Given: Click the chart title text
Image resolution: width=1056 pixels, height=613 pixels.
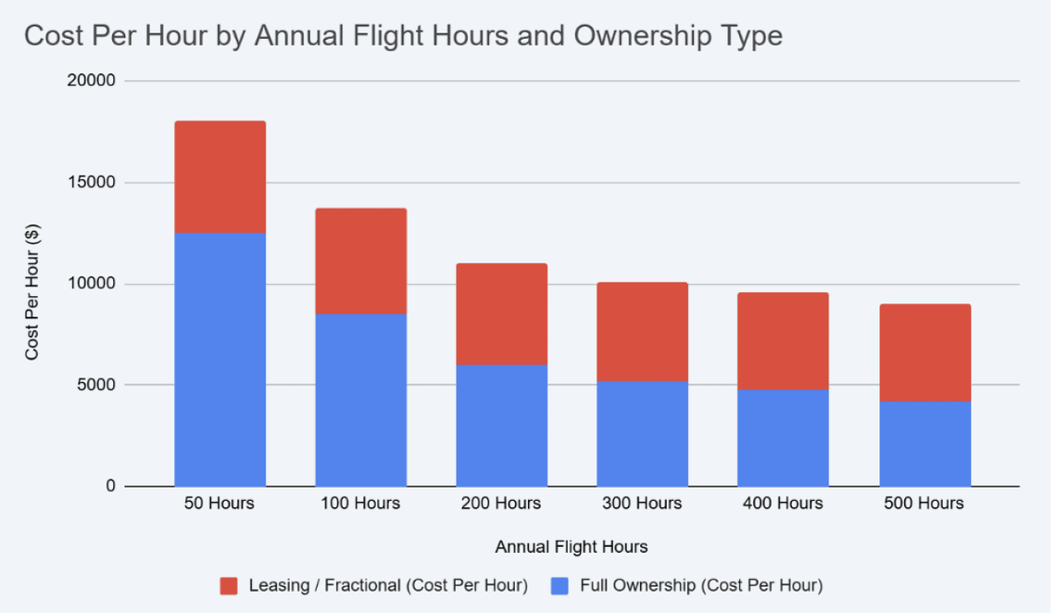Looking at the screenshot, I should [403, 36].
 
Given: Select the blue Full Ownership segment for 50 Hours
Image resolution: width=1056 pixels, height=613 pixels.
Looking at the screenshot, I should [220, 359].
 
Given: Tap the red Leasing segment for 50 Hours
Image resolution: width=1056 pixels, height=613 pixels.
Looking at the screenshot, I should [220, 176].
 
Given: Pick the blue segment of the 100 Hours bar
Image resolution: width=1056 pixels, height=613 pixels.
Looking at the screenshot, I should [361, 400].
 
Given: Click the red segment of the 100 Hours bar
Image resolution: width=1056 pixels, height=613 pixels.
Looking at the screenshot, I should [361, 261].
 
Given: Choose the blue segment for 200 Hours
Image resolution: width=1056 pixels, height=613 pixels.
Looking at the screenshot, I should [502, 425].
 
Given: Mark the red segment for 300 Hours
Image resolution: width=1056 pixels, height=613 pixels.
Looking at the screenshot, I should [643, 331].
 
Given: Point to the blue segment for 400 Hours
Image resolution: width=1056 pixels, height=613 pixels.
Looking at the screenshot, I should [783, 437].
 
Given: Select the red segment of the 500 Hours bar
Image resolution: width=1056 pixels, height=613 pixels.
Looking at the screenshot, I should [924, 352].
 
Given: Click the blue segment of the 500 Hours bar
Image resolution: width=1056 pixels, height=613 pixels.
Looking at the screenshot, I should [924, 443].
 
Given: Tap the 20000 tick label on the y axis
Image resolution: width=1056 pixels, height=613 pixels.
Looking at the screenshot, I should [92, 82].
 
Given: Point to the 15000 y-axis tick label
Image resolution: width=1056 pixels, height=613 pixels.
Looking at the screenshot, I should [92, 183].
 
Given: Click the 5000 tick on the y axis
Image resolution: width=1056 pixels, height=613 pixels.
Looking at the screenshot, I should [95, 385].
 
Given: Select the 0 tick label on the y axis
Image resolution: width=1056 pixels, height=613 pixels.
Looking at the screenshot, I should [109, 486].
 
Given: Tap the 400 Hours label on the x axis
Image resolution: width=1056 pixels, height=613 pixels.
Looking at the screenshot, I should [783, 504].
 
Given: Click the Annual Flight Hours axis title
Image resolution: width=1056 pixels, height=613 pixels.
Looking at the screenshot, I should [572, 547].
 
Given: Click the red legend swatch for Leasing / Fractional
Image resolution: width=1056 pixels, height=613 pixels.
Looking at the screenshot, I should [230, 586].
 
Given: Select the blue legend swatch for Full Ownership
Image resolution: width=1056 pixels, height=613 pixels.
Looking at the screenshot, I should [559, 586].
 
